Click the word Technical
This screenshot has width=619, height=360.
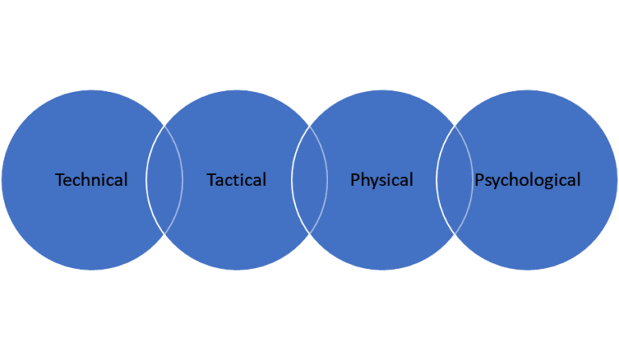(x=91, y=180)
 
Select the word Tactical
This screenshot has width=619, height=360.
(x=236, y=180)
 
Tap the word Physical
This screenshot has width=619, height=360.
(x=381, y=180)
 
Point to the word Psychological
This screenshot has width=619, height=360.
(x=527, y=180)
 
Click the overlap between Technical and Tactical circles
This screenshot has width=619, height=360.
(x=164, y=180)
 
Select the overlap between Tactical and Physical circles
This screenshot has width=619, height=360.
(x=309, y=180)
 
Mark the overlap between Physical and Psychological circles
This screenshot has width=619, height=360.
(x=455, y=180)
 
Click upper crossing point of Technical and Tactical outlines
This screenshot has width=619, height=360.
(x=164, y=126)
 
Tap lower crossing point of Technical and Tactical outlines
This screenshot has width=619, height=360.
(x=164, y=234)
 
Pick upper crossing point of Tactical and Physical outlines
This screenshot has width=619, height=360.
(x=309, y=126)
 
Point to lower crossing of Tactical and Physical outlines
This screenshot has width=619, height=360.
(x=309, y=234)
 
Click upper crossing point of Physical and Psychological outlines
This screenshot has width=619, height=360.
(x=455, y=126)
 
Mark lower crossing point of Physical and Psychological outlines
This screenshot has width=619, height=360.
(x=455, y=234)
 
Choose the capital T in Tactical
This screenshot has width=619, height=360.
(x=211, y=180)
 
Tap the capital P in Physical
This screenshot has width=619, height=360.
(x=355, y=180)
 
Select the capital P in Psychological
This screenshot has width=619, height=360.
(x=479, y=180)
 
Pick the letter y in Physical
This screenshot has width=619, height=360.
(x=374, y=181)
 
